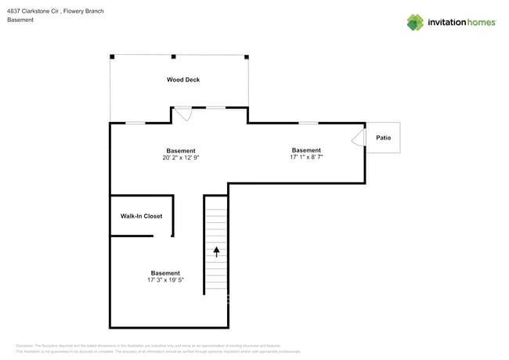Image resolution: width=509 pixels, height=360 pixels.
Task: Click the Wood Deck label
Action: click(182, 80)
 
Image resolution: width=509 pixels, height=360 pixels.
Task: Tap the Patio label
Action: click(383, 138)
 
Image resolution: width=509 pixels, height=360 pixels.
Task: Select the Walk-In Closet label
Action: click(141, 216)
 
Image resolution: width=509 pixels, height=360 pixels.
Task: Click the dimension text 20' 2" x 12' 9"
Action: click(180, 158)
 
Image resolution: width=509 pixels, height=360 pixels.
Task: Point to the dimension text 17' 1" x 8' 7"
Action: click(306, 157)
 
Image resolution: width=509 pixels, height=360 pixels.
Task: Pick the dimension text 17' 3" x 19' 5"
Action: click(165, 280)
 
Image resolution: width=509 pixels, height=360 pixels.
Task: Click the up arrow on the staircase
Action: click(217, 252)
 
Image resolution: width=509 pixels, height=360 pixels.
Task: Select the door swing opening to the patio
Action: click(358, 139)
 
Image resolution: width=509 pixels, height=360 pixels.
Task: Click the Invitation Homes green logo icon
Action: click(415, 23)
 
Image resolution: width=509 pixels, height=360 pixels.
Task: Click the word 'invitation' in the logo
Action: click(447, 23)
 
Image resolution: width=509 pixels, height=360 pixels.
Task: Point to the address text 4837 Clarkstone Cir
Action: click(34, 11)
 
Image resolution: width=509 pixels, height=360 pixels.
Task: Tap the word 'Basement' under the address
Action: click(20, 20)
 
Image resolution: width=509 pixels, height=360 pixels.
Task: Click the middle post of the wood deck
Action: click(173, 56)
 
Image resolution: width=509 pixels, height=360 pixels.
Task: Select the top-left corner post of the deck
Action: click(112, 56)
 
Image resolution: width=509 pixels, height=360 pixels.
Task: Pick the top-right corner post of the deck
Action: click(247, 56)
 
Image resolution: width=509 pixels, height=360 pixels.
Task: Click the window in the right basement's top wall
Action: click(309, 123)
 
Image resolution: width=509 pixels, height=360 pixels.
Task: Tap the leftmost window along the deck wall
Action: click(135, 123)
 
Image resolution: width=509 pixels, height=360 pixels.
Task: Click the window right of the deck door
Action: click(215, 107)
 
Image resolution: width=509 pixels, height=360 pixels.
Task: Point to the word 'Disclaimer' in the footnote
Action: click(27, 345)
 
